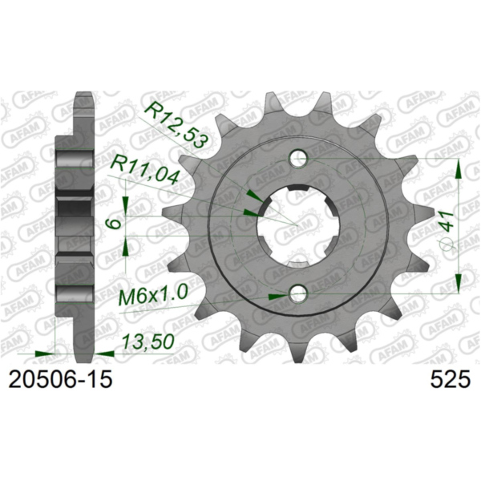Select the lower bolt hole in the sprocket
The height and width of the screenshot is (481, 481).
[299, 293]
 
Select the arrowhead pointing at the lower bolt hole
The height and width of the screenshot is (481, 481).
[277, 296]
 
